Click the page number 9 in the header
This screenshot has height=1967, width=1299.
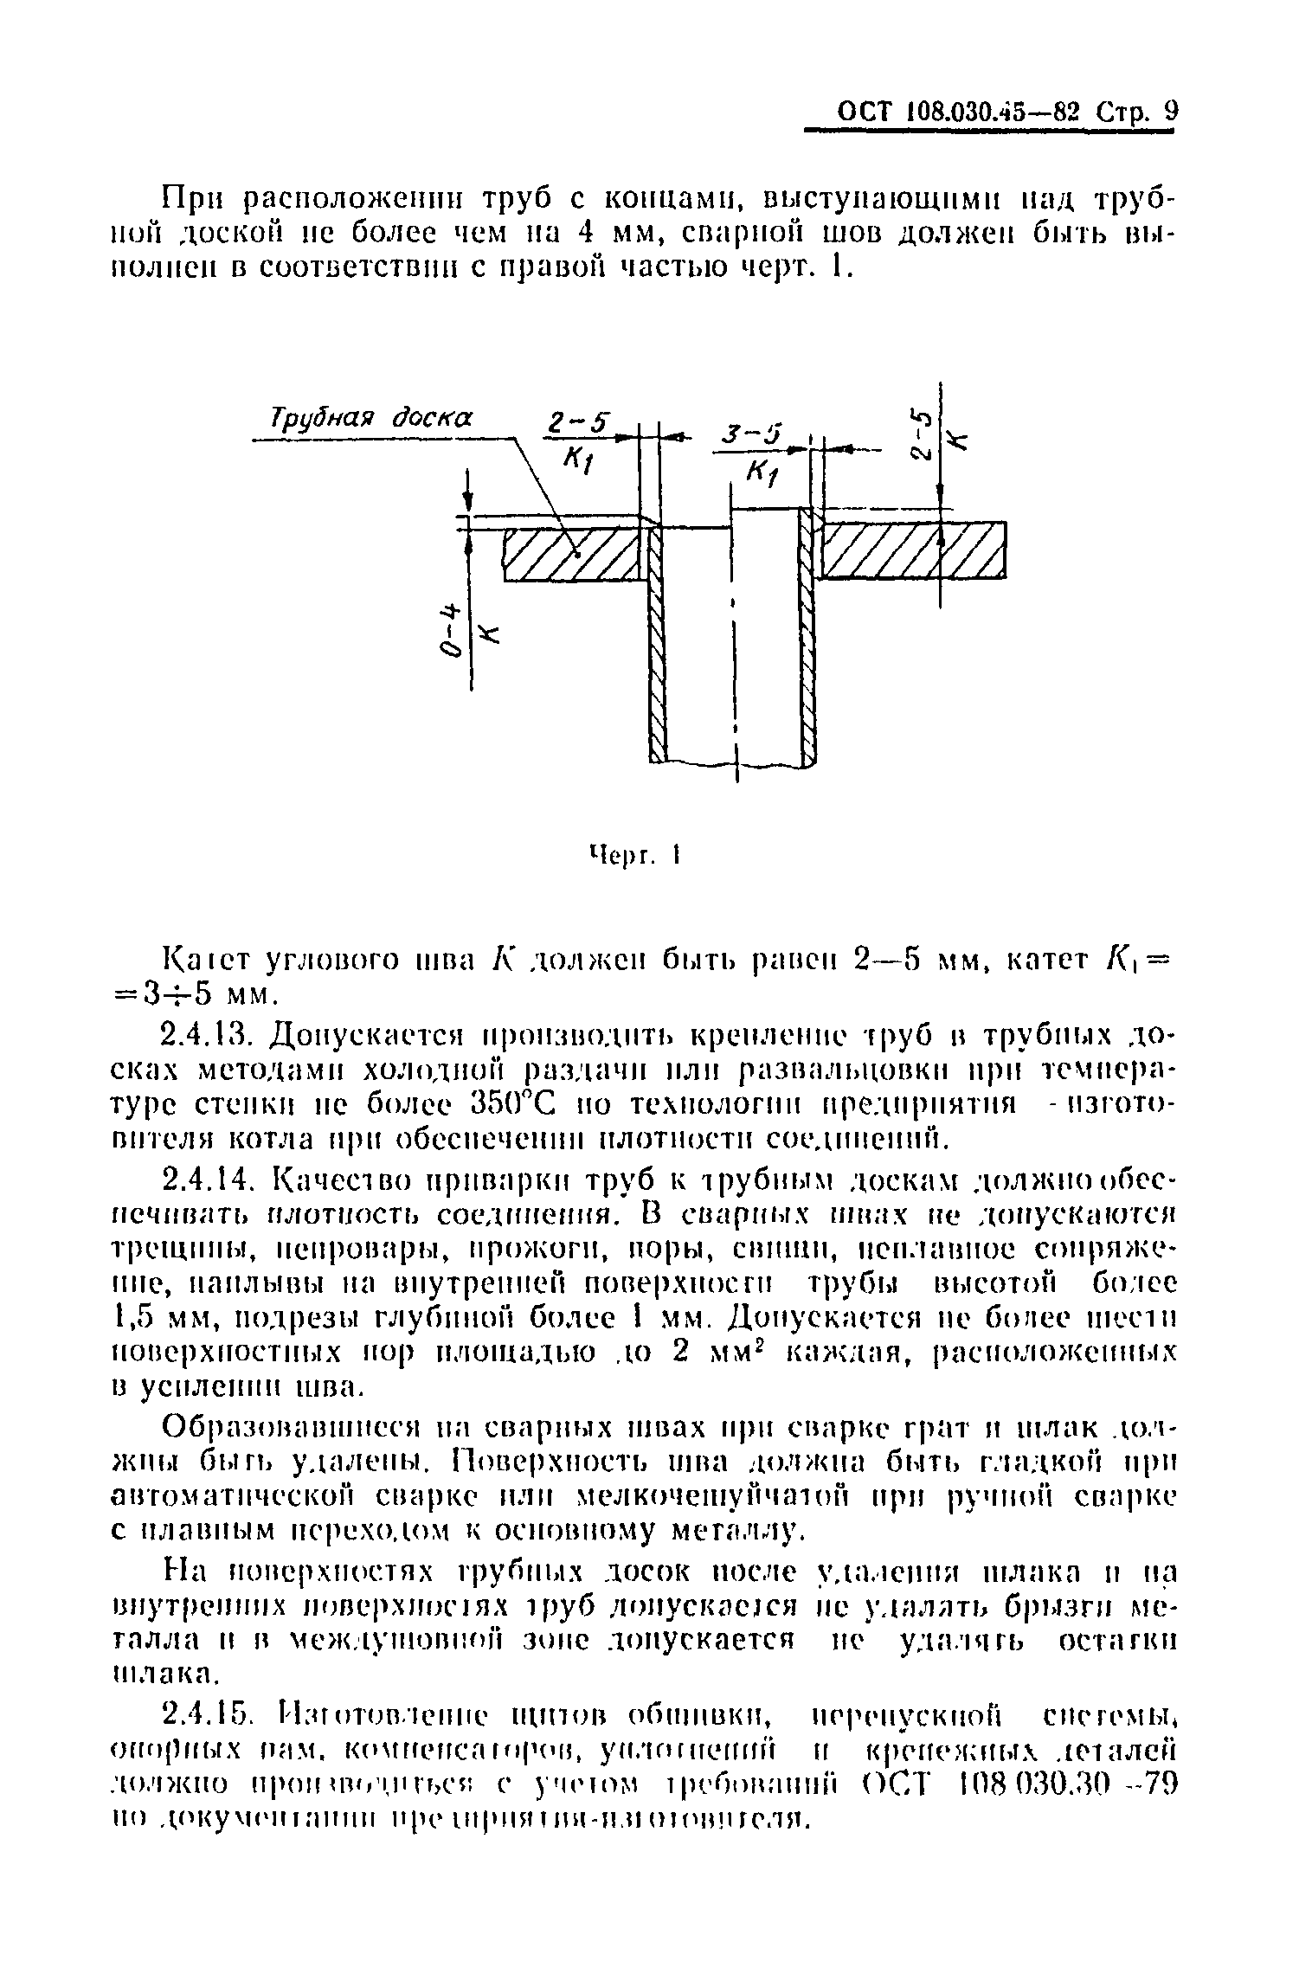point(1171,112)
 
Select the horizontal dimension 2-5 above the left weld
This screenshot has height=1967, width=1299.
point(576,425)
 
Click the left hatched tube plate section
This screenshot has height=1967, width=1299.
point(575,555)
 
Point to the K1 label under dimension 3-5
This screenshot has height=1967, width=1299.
point(762,473)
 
